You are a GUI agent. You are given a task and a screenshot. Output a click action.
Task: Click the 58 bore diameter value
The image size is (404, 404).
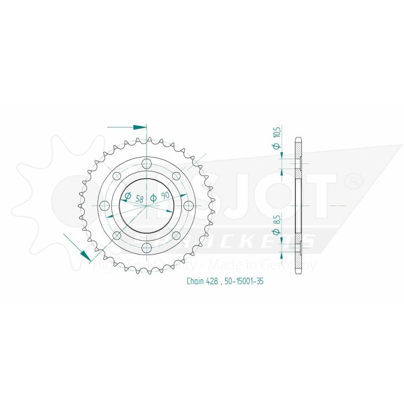click(140, 199)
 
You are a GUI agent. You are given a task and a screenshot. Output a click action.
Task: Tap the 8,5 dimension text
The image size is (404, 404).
click(277, 220)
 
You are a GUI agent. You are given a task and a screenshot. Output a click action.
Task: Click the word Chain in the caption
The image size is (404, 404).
click(196, 282)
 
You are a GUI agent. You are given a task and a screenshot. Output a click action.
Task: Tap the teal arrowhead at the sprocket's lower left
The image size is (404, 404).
click(87, 254)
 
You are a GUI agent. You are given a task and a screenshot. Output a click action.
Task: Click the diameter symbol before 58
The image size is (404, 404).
click(129, 196)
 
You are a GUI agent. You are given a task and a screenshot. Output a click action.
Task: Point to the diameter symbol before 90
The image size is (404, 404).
click(154, 198)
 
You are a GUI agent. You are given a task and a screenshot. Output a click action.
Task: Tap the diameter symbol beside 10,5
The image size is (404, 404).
click(277, 147)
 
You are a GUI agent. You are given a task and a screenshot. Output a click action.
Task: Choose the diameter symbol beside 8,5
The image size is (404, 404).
click(277, 232)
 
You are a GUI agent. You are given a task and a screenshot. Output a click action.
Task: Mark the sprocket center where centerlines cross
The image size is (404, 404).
click(147, 205)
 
